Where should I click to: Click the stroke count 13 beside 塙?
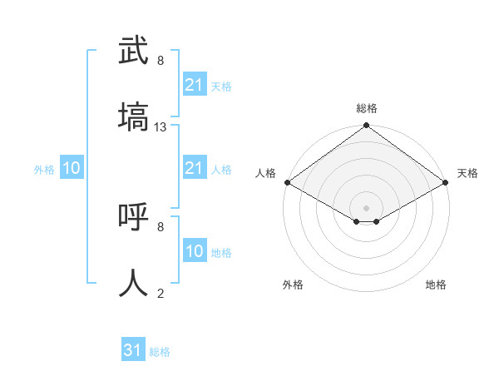click(x=161, y=127)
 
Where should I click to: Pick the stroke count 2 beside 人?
click(x=161, y=293)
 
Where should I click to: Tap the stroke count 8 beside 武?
click(x=161, y=61)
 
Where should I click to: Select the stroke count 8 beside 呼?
click(x=161, y=226)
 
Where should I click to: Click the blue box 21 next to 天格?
click(x=194, y=85)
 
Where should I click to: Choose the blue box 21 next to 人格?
click(x=194, y=168)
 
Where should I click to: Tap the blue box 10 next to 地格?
click(x=194, y=251)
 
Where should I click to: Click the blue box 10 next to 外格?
click(x=72, y=168)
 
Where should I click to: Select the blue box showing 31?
click(x=132, y=350)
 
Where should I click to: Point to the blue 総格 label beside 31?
click(x=160, y=352)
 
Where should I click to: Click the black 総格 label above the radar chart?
click(x=367, y=109)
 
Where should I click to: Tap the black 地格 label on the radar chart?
click(x=436, y=285)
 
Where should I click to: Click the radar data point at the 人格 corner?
click(x=287, y=183)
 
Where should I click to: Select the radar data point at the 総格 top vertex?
click(x=367, y=126)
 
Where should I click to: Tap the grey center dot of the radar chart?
click(x=367, y=207)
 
